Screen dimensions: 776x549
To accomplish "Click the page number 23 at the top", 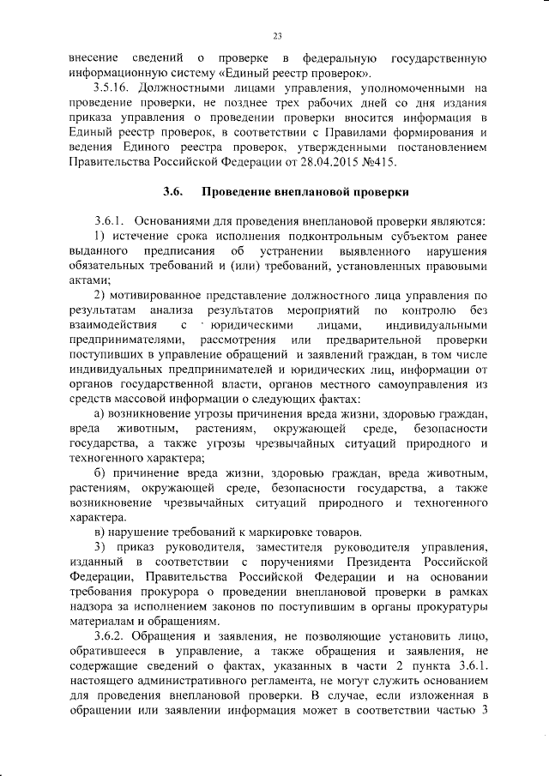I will coord(277,35).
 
